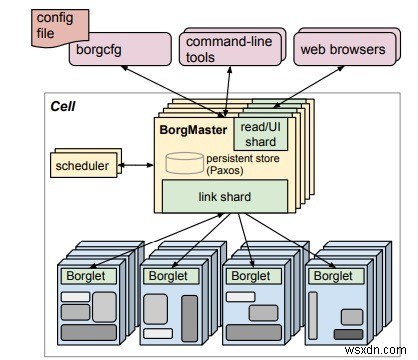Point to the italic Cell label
(x=64, y=107)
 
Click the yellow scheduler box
(x=83, y=166)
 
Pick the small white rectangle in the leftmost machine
(x=75, y=297)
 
